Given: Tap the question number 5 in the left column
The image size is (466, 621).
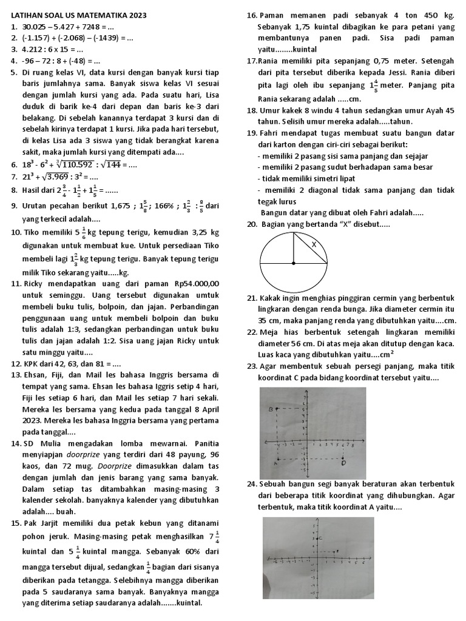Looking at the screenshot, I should coord(14,72).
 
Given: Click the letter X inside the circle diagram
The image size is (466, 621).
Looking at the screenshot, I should coord(314,244).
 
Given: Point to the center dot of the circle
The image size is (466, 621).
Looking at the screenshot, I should coord(294,263).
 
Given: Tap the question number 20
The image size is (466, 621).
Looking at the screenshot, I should coord(252,225).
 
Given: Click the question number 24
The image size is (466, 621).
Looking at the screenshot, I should coord(252,485).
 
